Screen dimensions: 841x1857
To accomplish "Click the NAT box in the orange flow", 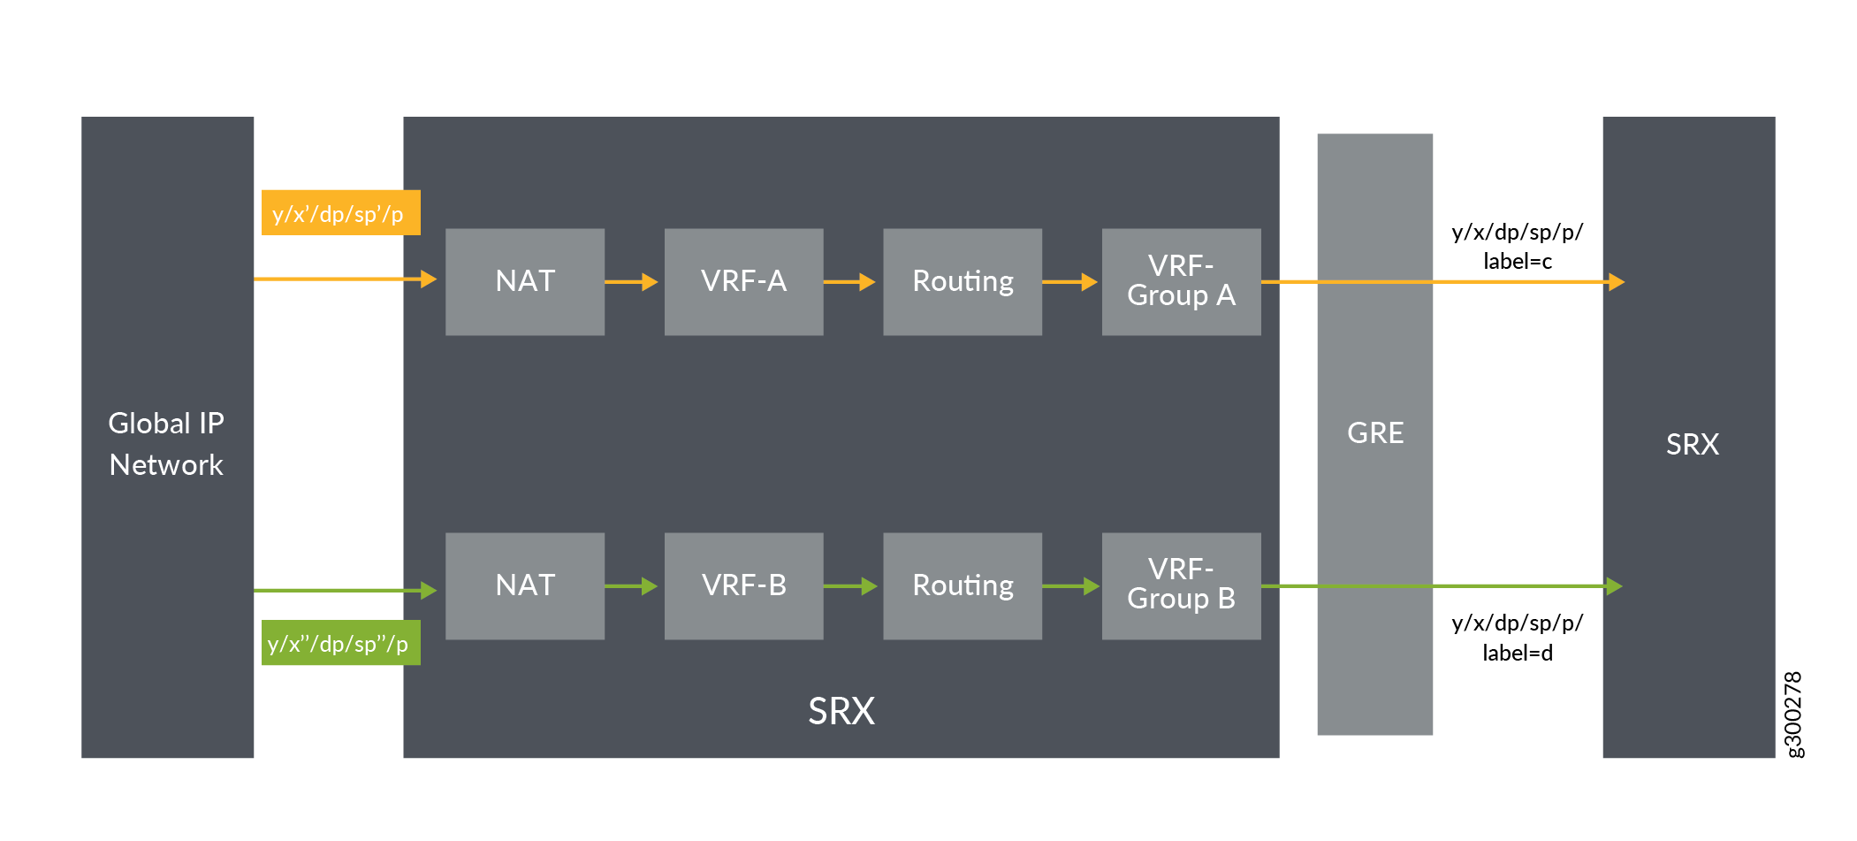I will [x=525, y=281].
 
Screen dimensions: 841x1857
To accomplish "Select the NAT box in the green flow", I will [x=525, y=585].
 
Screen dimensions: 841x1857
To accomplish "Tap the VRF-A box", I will [x=743, y=281].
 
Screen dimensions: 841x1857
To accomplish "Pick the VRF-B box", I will [x=743, y=585].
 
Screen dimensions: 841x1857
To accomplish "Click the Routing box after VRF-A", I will [x=963, y=281].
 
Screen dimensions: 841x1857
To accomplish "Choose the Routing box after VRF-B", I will [x=963, y=585].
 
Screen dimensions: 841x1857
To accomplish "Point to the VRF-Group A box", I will [x=1181, y=281].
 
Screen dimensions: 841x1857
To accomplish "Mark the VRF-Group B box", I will [x=1181, y=585].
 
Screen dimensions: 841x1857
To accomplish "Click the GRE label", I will [x=1375, y=432].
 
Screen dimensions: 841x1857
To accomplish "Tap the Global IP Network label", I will [x=166, y=444].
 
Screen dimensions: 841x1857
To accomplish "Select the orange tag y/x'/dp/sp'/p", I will [x=340, y=213].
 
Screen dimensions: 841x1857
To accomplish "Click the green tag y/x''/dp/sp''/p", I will [x=340, y=643].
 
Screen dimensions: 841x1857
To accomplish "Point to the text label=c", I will [x=1518, y=262].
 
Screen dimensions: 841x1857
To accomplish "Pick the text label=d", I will [x=1518, y=654].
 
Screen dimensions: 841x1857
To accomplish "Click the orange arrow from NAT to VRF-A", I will [x=632, y=282].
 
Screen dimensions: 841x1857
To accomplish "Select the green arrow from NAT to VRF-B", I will [x=632, y=586].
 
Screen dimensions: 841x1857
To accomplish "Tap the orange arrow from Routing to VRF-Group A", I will [x=1070, y=282].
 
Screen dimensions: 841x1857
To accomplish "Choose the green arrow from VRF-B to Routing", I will [x=850, y=586].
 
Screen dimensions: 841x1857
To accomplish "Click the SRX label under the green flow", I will [x=841, y=711].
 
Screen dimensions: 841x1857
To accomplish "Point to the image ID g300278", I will [x=1793, y=714].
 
